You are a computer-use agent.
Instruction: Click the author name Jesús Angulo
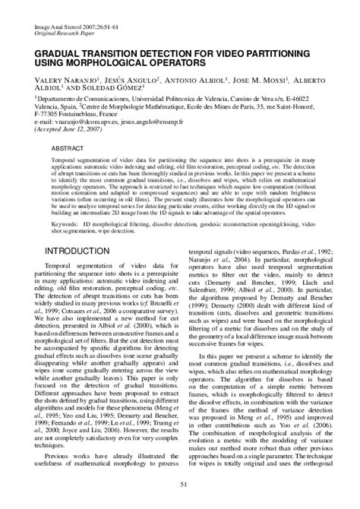pos(124,80)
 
